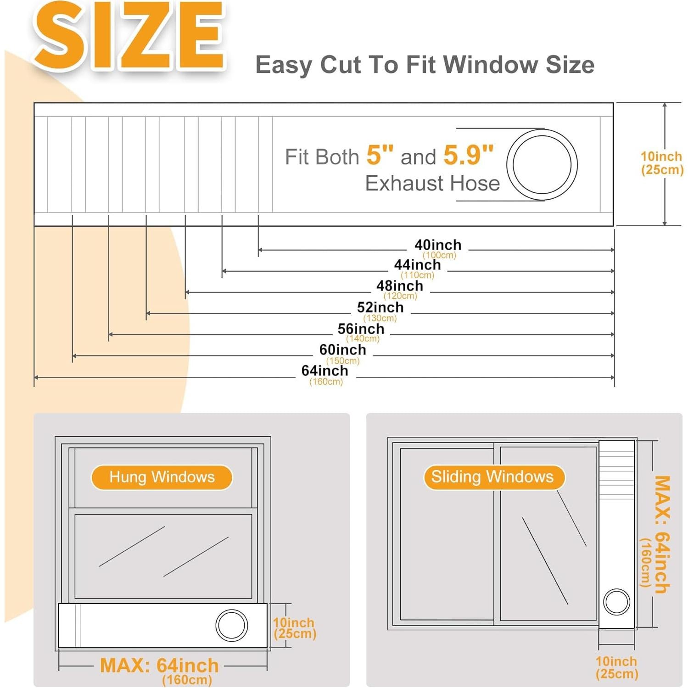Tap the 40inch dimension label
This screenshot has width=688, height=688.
coord(438,245)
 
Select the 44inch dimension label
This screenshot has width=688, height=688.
coord(417,265)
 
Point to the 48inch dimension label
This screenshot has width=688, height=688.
coord(400,286)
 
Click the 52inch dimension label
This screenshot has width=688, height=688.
coord(380,308)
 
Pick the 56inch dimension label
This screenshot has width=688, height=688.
coord(361,329)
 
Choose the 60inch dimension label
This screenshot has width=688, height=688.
coord(343,350)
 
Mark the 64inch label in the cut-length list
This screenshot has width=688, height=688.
coord(324,371)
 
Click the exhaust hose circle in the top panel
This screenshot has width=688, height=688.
coord(542,165)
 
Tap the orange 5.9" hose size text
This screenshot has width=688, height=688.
coord(468,155)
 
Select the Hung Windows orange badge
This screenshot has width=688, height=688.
coord(162,477)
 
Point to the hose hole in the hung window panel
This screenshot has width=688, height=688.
coord(232,625)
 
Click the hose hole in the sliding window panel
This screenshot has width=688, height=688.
coord(616,601)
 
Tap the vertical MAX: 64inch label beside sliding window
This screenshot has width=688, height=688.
coord(661,535)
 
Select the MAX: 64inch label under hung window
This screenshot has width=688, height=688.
coord(159,666)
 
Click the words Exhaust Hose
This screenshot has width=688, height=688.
coord(432,184)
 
